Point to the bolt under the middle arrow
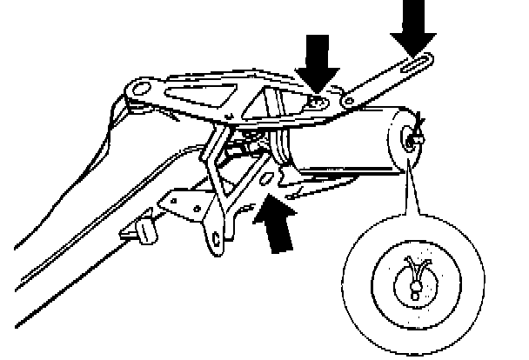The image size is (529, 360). (x=314, y=103)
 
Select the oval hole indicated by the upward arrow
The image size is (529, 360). (x=269, y=178)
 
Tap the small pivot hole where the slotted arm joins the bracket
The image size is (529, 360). (x=348, y=101)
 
